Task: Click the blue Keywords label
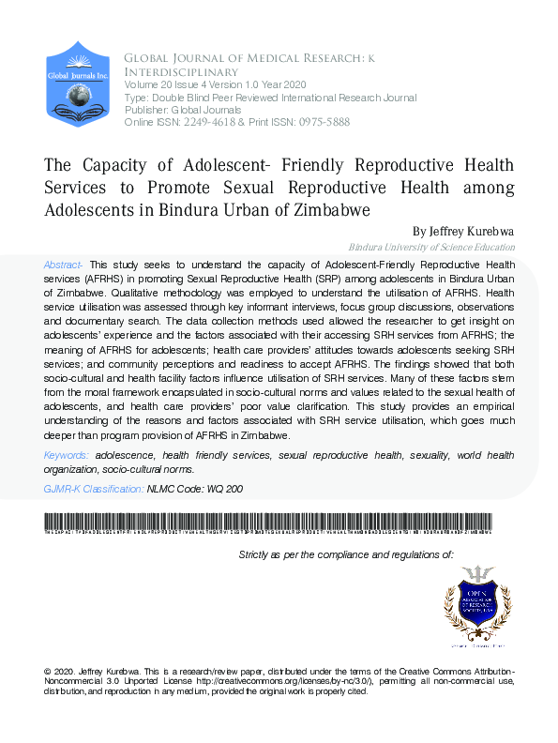point(67,455)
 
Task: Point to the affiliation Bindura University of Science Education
point(431,248)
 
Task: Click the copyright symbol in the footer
point(49,672)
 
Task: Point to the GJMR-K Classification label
point(93,489)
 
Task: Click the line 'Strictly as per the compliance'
point(346,555)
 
